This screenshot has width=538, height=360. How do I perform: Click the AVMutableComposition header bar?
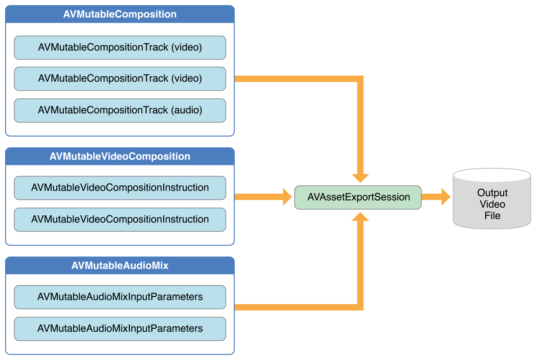tap(120, 14)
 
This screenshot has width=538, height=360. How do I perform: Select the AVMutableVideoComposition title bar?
tap(120, 156)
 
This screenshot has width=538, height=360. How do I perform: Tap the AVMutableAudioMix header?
tap(120, 266)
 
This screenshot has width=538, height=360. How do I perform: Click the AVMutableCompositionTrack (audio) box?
tap(120, 110)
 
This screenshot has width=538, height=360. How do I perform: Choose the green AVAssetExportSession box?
tap(358, 197)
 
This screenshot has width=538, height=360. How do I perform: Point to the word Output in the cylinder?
tap(492, 193)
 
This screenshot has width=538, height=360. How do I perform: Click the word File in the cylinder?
tap(492, 216)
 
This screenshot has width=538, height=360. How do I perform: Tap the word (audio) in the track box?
tap(187, 110)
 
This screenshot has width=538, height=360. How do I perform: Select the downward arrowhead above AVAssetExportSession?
tap(360, 178)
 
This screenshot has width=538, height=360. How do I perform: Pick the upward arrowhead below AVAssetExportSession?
tap(360, 217)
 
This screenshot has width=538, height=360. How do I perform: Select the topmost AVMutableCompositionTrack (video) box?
tap(120, 47)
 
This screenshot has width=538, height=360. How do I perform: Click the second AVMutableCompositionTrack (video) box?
tap(120, 79)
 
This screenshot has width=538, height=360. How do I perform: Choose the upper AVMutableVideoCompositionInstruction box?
tap(120, 188)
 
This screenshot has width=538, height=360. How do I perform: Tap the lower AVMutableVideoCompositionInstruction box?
tap(120, 220)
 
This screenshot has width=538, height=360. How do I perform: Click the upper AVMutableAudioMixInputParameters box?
tap(120, 297)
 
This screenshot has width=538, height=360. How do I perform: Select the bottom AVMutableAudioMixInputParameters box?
tap(120, 329)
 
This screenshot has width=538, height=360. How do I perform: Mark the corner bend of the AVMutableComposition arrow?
tap(360, 79)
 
